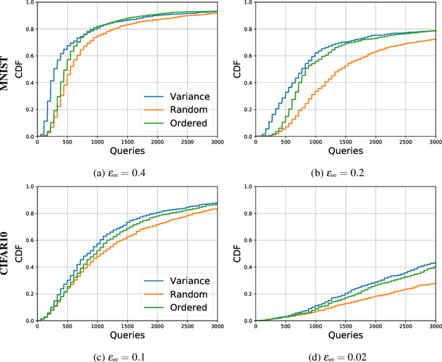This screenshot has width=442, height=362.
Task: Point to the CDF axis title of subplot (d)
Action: point(238,253)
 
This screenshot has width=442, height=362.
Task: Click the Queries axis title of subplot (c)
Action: point(126,334)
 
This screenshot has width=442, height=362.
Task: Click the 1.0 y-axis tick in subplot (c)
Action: point(26,186)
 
